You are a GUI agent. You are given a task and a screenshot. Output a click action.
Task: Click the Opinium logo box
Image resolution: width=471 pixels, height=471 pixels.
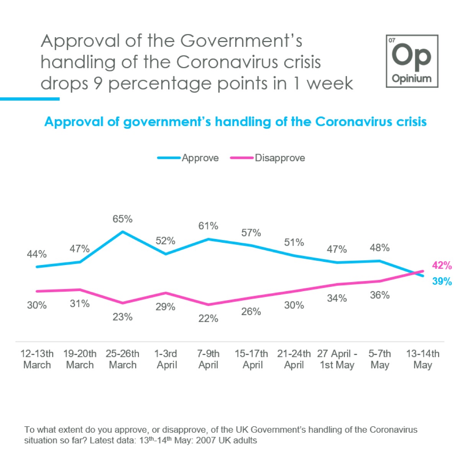(412, 61)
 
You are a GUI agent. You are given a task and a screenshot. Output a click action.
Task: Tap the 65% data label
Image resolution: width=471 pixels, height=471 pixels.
(123, 219)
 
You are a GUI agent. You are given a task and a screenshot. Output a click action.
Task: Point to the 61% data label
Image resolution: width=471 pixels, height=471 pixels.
(208, 226)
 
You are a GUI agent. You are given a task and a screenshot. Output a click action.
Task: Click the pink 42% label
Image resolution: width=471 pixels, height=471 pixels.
(442, 265)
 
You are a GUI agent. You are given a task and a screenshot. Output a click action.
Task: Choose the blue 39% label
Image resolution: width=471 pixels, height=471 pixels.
(442, 281)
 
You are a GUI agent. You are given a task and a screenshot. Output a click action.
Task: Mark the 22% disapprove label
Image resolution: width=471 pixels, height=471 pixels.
(208, 319)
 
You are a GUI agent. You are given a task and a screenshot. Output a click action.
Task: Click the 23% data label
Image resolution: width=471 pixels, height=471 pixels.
(123, 317)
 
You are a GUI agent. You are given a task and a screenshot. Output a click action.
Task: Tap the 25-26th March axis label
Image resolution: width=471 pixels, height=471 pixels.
(123, 359)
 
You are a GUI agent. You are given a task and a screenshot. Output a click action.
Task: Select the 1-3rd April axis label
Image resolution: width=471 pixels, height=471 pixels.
(166, 359)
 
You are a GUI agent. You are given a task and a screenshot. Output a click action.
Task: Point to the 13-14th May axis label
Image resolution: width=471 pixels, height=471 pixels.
(423, 359)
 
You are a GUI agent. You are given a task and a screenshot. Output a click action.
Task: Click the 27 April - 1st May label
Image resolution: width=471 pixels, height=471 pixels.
(337, 359)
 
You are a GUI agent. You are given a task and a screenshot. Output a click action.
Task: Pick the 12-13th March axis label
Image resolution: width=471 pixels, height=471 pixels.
(37, 359)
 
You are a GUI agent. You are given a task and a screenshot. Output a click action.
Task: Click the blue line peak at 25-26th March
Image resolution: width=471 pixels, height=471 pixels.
(123, 232)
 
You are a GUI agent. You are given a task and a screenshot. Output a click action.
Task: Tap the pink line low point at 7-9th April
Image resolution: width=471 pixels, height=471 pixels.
(208, 305)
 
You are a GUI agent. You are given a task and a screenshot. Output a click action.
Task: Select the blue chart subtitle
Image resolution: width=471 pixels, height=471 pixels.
(235, 122)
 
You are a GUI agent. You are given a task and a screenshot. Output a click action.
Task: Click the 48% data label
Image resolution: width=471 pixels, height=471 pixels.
(379, 248)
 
